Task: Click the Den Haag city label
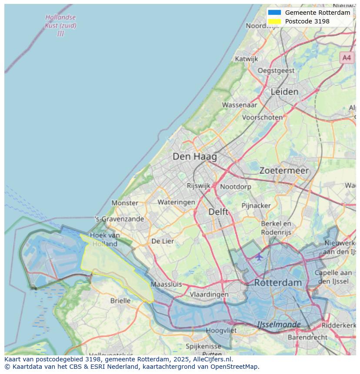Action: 194,156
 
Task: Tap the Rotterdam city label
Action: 277,282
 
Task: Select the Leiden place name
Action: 284,92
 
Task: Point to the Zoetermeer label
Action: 284,171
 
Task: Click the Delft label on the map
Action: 218,212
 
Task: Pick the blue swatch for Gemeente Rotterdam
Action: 274,13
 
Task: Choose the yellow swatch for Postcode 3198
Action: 274,21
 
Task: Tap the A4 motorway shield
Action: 346,57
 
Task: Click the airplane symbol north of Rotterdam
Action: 259,257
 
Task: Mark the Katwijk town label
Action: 246,59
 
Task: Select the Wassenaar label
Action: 240,105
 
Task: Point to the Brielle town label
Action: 120,301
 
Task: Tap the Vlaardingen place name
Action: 209,294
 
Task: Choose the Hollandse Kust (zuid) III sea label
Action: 60,25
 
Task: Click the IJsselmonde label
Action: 279,324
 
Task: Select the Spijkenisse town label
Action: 203,346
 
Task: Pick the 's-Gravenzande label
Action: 119,219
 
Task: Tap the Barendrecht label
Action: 307,337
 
